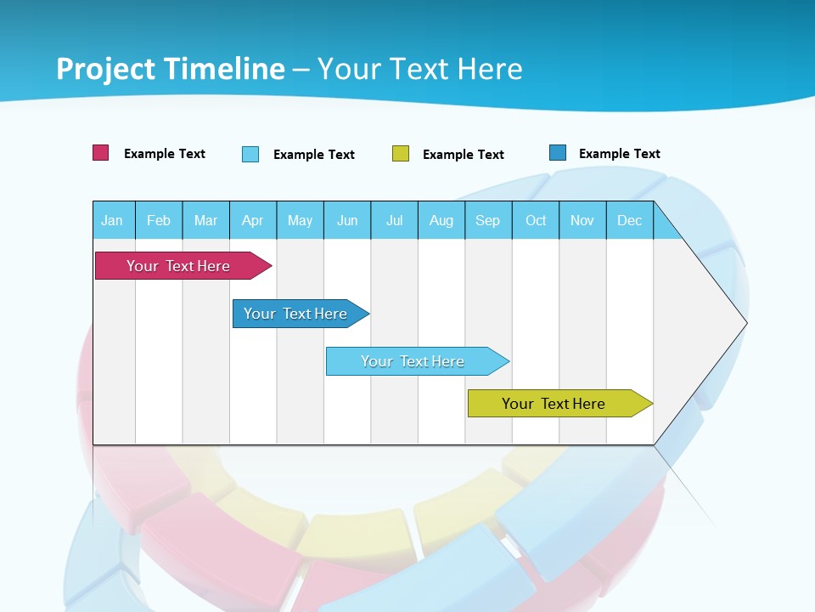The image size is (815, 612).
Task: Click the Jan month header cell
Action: pos(113,220)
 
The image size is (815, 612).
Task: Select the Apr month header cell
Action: pos(253,220)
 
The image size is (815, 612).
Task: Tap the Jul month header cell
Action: pos(394,220)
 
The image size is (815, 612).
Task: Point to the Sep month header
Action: pos(488,220)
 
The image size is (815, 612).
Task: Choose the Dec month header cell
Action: pos(629,220)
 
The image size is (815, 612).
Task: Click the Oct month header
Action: pos(536,220)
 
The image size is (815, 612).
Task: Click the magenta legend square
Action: pos(101,153)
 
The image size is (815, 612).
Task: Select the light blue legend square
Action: pos(250,154)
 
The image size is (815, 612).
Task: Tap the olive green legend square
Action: pos(401,154)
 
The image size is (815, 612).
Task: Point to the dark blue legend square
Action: pos(558,153)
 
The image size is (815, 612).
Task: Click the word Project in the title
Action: pos(104,69)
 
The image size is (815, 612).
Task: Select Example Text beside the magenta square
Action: pos(165,154)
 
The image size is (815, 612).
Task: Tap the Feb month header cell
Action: pos(159,220)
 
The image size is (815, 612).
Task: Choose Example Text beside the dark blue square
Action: pos(620,154)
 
